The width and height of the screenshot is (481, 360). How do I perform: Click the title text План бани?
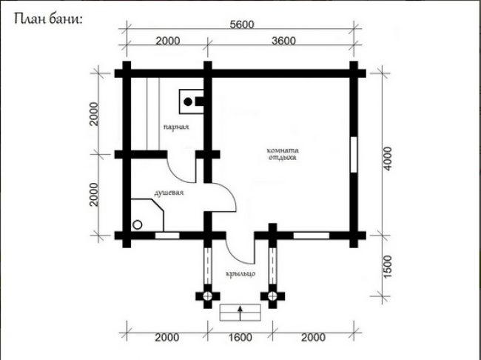pyautogui.click(x=48, y=19)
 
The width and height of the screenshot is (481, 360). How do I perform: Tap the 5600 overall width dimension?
pyautogui.click(x=242, y=24)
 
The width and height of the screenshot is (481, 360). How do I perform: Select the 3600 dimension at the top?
pyautogui.click(x=283, y=41)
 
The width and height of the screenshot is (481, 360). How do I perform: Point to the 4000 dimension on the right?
pyautogui.click(x=388, y=159)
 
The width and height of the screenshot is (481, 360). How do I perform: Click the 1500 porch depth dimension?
pyautogui.click(x=388, y=267)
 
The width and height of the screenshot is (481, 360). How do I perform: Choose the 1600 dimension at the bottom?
pyautogui.click(x=240, y=338)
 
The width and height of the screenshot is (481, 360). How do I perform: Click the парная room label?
pyautogui.click(x=176, y=127)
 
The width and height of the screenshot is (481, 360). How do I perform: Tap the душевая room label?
pyautogui.click(x=169, y=193)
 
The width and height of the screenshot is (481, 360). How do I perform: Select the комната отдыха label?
pyautogui.click(x=283, y=154)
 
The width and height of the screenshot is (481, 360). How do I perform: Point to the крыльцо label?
pyautogui.click(x=240, y=273)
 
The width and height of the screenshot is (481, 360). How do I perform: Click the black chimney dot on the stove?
pyautogui.click(x=188, y=101)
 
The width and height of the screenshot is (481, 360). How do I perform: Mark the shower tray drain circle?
pyautogui.click(x=137, y=225)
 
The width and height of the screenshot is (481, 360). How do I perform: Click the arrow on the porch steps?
pyautogui.click(x=240, y=313)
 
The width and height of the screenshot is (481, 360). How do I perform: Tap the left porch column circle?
pyautogui.click(x=208, y=296)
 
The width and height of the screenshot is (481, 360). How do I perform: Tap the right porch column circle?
pyautogui.click(x=272, y=296)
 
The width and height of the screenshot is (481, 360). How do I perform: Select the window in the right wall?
pyautogui.click(x=354, y=155)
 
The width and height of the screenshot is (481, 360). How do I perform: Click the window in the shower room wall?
pyautogui.click(x=167, y=236)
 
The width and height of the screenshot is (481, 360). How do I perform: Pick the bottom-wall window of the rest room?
pyautogui.click(x=312, y=236)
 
